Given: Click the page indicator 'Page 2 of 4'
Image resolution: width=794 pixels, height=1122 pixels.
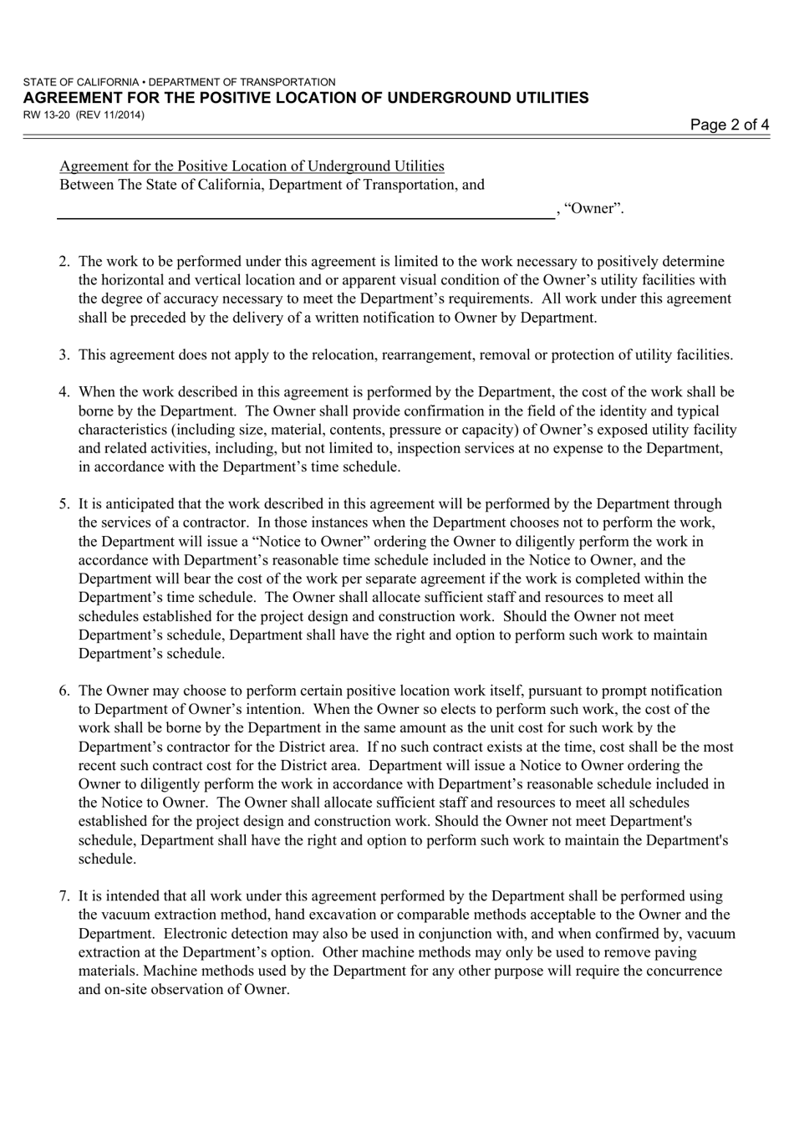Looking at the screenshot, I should point(730,125).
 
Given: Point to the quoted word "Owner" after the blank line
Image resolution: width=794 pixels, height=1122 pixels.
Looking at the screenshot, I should point(594,209).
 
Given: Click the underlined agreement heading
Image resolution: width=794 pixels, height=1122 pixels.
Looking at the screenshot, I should point(252,166).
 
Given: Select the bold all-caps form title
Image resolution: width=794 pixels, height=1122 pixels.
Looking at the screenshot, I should point(306,98).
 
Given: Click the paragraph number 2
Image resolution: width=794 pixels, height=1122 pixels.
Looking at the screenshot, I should point(64,262).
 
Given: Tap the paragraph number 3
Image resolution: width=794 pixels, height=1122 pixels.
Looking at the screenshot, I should point(64,355).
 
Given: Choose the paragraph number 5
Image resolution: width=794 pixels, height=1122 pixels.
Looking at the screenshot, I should point(64,504).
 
